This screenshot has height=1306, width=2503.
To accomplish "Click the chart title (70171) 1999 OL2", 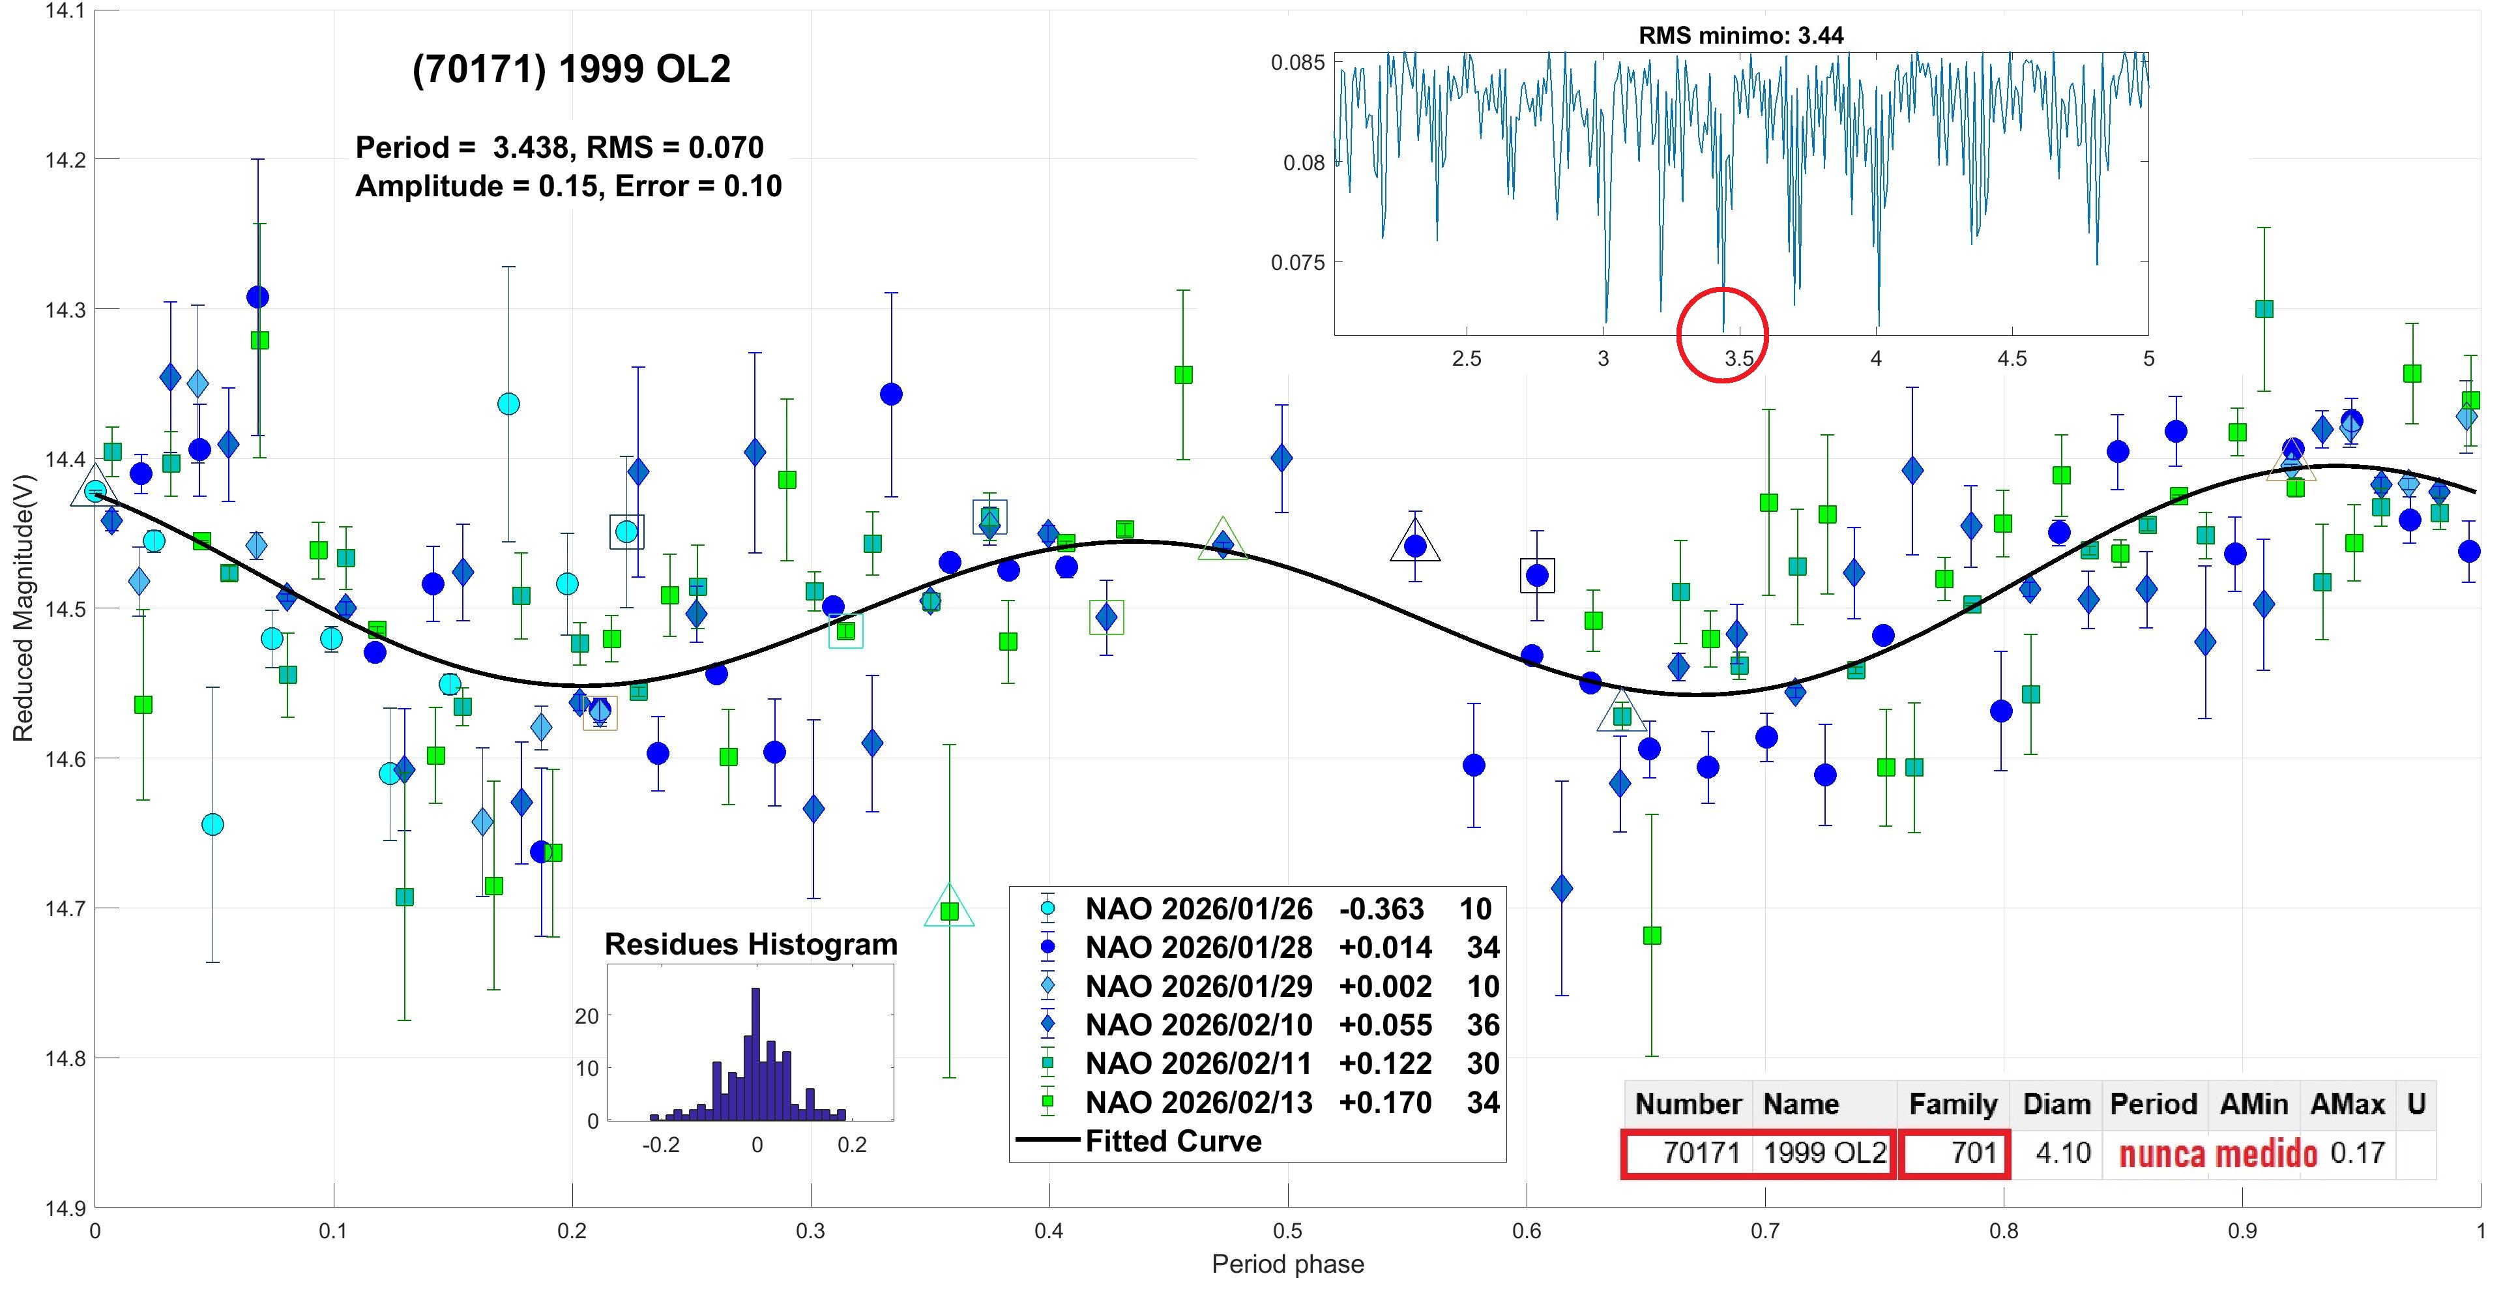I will pyautogui.click(x=572, y=69).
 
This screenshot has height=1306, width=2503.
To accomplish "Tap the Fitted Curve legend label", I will pyautogui.click(x=1173, y=1141).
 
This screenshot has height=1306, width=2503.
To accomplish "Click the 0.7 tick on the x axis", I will pyautogui.click(x=1766, y=1231).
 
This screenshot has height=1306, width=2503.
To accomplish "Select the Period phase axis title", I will pyautogui.click(x=1287, y=1264).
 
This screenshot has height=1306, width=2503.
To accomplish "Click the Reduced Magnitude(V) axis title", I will pyautogui.click(x=23, y=608).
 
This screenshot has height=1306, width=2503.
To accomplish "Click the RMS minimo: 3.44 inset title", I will pyautogui.click(x=1740, y=36).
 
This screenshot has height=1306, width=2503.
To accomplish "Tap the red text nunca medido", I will pyautogui.click(x=2218, y=1155).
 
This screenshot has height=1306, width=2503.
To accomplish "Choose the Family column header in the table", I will pyautogui.click(x=1952, y=1105).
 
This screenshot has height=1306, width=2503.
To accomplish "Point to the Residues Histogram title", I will pyautogui.click(x=750, y=945).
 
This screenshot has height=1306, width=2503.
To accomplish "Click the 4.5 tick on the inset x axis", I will pyautogui.click(x=2012, y=359).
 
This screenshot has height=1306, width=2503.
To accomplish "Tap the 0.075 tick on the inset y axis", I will pyautogui.click(x=1298, y=262).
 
